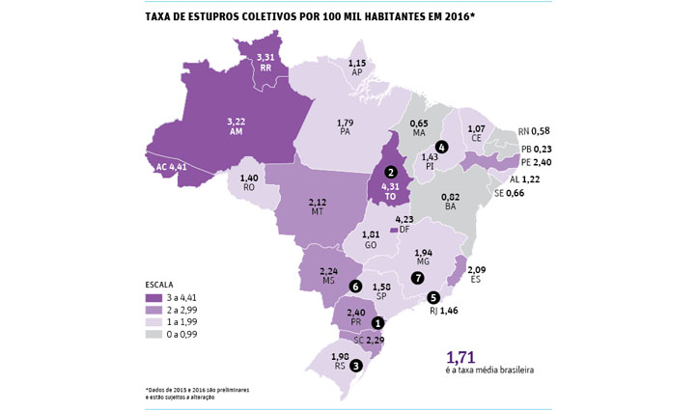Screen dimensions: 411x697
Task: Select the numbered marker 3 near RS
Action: click(x=357, y=366)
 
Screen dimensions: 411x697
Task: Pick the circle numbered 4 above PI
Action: click(x=441, y=147)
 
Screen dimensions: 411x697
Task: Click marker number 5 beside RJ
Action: click(x=433, y=297)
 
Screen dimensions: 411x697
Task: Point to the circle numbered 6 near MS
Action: click(x=355, y=287)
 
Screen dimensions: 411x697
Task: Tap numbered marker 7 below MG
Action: click(x=417, y=278)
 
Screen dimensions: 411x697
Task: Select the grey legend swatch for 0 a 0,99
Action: click(x=156, y=334)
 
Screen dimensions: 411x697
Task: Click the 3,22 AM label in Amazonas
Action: click(x=236, y=126)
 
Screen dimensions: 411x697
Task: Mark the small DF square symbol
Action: click(x=393, y=231)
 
